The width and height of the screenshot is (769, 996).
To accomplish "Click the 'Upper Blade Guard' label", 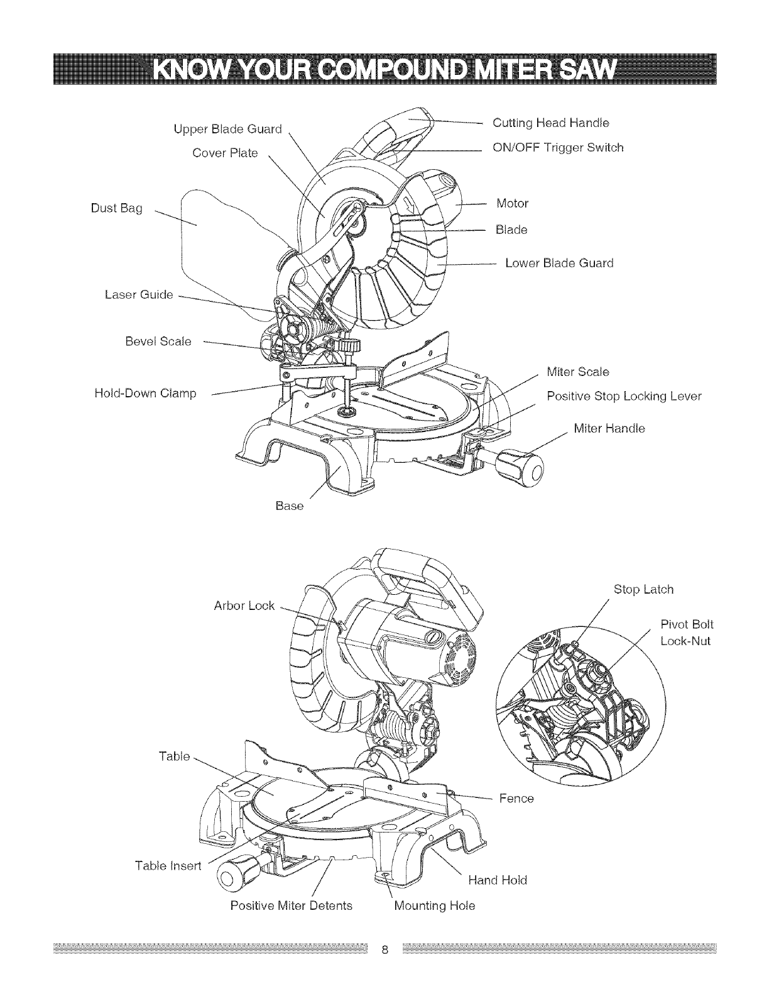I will [x=227, y=130].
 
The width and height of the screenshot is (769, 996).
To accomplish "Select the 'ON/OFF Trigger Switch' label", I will [x=558, y=148].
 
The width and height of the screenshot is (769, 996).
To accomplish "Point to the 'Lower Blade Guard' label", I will [x=559, y=263].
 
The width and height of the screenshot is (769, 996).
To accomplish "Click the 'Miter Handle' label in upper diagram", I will [x=609, y=428].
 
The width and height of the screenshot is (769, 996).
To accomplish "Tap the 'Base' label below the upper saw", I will [x=290, y=505].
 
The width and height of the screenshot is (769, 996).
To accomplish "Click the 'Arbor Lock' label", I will [x=245, y=606].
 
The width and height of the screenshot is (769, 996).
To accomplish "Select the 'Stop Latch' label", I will [x=643, y=589].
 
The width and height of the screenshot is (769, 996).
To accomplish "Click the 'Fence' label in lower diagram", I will [x=516, y=798].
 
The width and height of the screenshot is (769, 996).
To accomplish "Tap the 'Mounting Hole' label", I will [x=434, y=905].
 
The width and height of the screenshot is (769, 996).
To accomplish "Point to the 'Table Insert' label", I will [x=168, y=866].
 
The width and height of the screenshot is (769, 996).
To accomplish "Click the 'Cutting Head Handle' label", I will [x=551, y=122].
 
